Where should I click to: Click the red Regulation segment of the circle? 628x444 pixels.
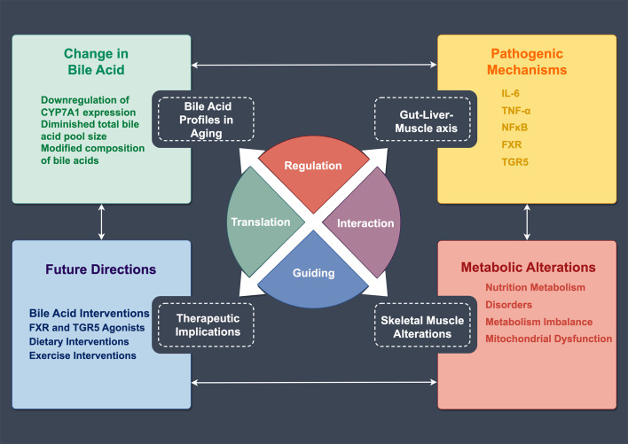point(313,172)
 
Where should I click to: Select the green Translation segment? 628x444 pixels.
point(260,222)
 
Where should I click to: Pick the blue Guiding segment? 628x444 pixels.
point(313,274)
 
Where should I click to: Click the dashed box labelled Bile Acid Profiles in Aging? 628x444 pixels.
point(207,120)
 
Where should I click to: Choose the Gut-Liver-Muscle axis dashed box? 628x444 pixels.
point(422,120)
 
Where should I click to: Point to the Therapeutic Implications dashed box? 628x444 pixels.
point(207,324)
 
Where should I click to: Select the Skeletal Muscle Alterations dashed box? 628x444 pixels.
point(422,324)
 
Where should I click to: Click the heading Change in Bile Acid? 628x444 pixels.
point(96,62)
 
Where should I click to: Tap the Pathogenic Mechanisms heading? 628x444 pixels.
point(527,62)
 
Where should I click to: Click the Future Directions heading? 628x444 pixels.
point(101,269)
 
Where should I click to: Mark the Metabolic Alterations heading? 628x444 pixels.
point(529,268)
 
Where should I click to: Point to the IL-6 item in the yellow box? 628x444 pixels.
point(510,94)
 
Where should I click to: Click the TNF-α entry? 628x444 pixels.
point(516,111)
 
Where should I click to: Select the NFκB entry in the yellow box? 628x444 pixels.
point(514,128)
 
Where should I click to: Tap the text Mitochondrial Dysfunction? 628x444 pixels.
point(549,339)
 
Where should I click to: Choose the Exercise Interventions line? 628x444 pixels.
point(82,355)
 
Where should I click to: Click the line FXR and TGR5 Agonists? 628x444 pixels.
point(87,328)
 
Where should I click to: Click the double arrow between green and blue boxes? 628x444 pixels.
point(101,222)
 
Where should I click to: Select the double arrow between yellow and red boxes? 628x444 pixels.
point(527,222)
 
